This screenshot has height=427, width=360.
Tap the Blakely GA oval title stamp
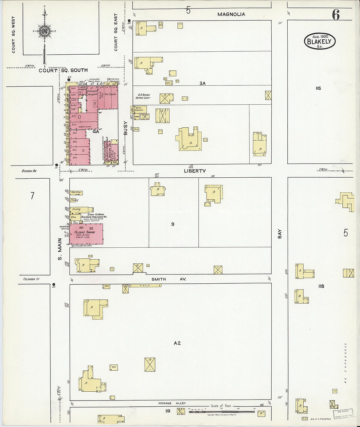point(320,41)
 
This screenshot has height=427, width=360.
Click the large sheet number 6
point(336,15)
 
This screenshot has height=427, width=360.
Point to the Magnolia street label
point(231,14)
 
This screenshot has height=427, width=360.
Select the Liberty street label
point(195,171)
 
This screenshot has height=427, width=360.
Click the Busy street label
point(125,128)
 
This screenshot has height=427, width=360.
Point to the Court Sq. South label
point(63,70)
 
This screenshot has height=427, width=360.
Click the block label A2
point(177,343)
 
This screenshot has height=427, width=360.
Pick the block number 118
point(321,286)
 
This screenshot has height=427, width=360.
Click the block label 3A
point(203,83)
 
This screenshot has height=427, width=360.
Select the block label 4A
point(96,132)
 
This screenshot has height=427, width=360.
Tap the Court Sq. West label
point(13,35)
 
